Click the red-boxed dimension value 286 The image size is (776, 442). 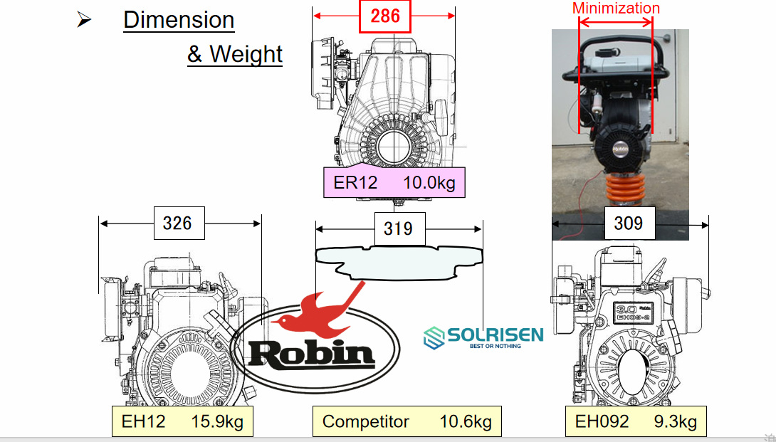point(385,16)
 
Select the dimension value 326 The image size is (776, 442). point(177,223)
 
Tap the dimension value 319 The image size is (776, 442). point(398,228)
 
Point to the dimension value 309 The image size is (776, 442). point(628,224)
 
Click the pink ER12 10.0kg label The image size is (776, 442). point(394,182)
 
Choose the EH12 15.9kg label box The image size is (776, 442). point(182,421)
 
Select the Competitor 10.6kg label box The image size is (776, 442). point(407,421)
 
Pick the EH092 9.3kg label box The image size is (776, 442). point(636,421)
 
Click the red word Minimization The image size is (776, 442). point(616,9)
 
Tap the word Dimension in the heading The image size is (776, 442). point(179,20)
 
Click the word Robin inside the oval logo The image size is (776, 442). point(311,354)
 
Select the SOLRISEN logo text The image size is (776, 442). point(495,335)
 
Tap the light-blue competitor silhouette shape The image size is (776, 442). point(399,261)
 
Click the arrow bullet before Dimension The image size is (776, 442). point(84,20)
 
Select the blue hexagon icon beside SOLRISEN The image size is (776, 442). point(434,338)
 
